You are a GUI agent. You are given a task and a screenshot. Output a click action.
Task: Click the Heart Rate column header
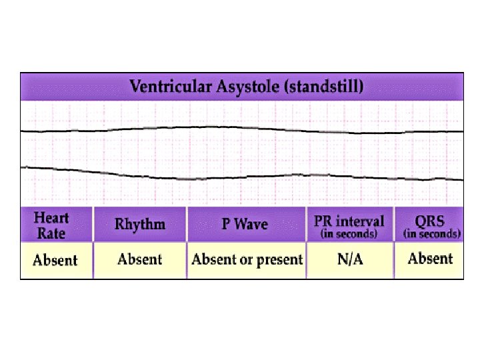[51, 225]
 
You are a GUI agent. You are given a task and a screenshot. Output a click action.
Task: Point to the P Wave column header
[245, 224]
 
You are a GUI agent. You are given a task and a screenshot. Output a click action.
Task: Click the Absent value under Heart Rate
[55, 260]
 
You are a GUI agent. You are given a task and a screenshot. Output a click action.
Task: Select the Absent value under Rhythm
[139, 259]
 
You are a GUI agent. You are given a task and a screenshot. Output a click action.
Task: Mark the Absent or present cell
[247, 259]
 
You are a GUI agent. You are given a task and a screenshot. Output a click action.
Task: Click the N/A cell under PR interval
[350, 259]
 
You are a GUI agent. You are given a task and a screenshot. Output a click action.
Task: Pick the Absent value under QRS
[430, 259]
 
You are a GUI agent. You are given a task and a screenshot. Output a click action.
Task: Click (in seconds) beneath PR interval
[349, 234]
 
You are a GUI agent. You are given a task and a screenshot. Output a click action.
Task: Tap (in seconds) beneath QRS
[431, 234]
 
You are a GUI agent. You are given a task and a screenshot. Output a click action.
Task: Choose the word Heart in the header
[51, 218]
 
